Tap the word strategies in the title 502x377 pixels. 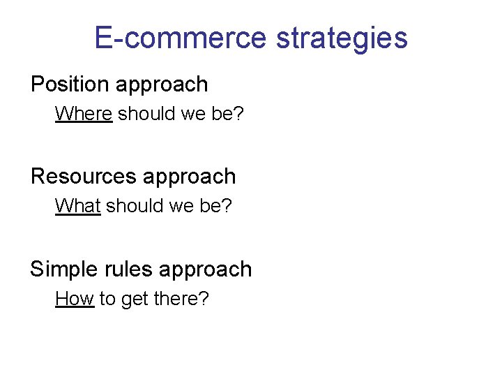(x=342, y=38)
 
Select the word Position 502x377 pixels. (x=70, y=84)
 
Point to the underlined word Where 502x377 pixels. (x=83, y=113)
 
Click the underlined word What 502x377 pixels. (x=77, y=206)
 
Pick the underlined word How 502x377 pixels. (x=74, y=299)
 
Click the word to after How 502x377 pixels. (x=107, y=299)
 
